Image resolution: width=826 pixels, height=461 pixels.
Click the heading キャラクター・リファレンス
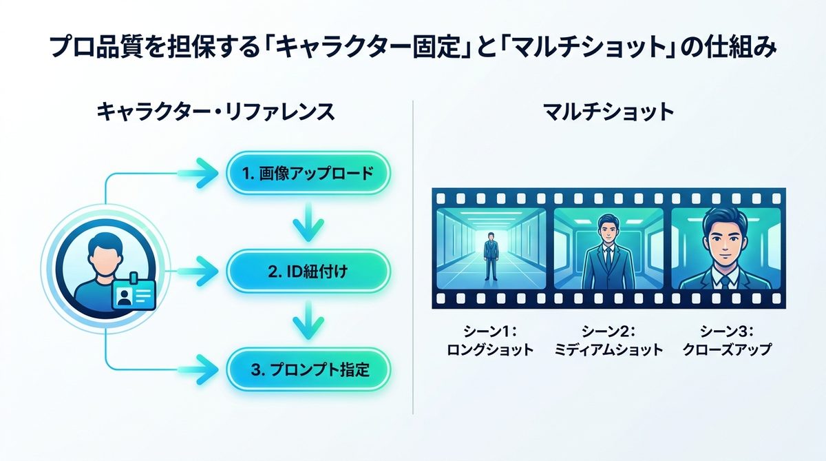215,112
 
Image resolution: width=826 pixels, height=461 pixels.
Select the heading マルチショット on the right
608,112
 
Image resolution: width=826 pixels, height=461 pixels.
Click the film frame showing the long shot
491,248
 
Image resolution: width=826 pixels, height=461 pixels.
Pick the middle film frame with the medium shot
608,248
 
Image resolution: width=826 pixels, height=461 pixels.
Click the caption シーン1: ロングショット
491,340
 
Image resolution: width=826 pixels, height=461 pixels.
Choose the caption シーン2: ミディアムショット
608,340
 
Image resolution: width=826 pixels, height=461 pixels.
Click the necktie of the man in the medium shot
608,262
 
